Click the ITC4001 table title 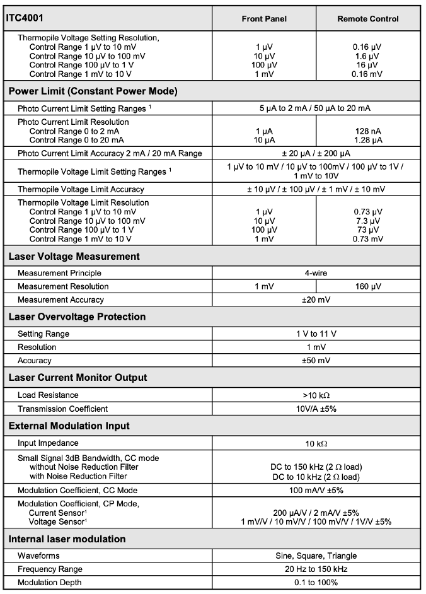click(25, 18)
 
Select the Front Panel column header click(264, 19)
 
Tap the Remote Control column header click(367, 19)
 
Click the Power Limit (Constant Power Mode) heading click(93, 91)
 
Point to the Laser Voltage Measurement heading click(74, 257)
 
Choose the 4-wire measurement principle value click(316, 273)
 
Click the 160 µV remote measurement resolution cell click(367, 286)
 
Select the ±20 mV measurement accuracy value click(316, 300)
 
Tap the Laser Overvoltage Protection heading click(77, 317)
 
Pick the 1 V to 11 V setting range click(316, 334)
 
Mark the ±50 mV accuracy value click(316, 361)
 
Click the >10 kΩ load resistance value click(316, 395)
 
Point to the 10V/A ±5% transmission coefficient click(316, 409)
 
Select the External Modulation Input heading click(69, 426)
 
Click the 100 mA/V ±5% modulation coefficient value click(316, 490)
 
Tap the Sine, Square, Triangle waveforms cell click(316, 556)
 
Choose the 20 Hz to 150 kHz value click(316, 569)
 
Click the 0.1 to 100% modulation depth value click(316, 582)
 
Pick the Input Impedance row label click(48, 443)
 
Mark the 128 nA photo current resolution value click(367, 131)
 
